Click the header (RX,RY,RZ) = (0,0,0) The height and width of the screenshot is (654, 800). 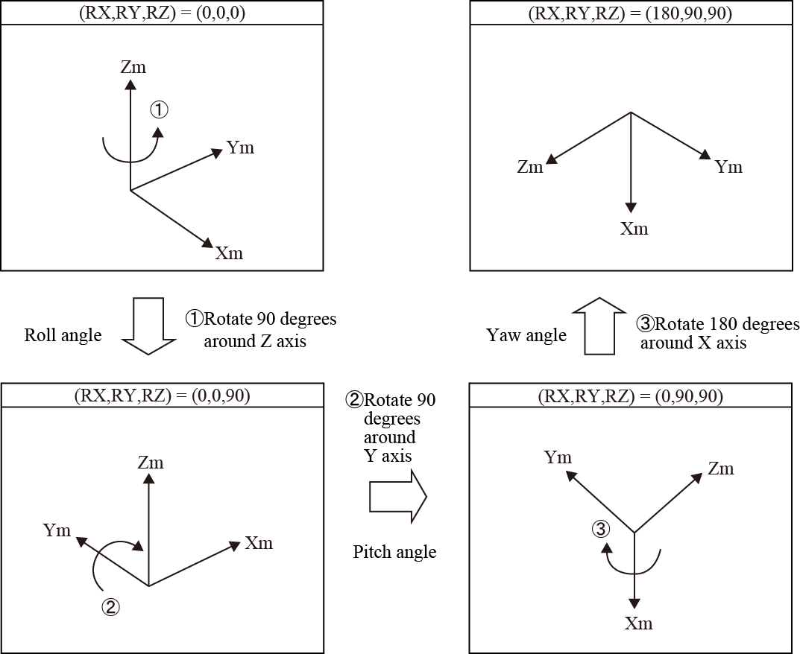pos(162,13)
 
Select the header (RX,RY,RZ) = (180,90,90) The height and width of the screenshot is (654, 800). pos(631,13)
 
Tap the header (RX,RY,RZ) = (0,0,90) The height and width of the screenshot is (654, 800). pos(162,396)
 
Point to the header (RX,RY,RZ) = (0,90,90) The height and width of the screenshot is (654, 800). pos(631,396)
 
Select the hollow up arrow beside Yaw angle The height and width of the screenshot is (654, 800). pos(601,326)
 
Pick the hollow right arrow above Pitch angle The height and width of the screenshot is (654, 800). pos(397,495)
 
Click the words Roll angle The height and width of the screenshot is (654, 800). pos(63,335)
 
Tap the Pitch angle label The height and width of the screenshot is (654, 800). pos(394,552)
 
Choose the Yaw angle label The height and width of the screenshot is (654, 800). pos(526,335)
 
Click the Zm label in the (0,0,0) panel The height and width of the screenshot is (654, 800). pos(133,68)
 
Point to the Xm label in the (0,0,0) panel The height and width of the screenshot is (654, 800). pos(229,253)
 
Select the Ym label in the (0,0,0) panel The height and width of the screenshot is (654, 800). pos(240,147)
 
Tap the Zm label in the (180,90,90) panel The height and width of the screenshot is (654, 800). pos(530,167)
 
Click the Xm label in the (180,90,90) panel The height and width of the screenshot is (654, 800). pos(634,229)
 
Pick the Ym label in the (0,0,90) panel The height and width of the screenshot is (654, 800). pos(57,530)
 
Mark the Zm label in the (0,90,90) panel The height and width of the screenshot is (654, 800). pos(721,469)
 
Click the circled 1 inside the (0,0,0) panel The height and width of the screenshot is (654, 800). pos(160,110)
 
